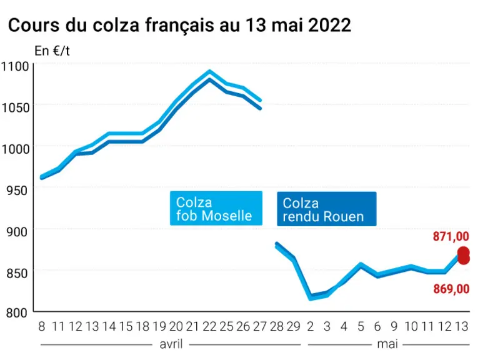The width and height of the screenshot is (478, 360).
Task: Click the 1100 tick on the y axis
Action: pos(15,66)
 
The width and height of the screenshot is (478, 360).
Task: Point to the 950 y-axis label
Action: pos(17,191)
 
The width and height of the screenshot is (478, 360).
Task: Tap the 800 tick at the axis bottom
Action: pos(17,312)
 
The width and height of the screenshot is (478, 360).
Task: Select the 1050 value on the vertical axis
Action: pos(15,107)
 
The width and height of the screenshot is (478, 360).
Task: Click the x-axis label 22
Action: pos(209,326)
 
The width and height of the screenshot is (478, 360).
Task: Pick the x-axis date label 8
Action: pos(42,326)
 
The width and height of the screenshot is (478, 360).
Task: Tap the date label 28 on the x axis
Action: pos(277,326)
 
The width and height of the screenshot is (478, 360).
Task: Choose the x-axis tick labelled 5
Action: pos(361,326)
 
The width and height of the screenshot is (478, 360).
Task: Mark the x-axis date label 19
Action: pos(159,326)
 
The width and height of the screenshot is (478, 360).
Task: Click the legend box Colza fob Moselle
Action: pos(216,209)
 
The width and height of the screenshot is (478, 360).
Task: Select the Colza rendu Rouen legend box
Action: pos(327,209)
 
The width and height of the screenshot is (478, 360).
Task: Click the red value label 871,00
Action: pos(451,236)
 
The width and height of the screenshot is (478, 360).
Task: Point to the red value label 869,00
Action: pos(451,289)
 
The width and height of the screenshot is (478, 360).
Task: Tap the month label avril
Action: pos(171,344)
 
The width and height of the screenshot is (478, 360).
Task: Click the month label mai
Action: pos(387,344)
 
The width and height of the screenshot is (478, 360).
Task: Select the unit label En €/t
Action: pos(52,51)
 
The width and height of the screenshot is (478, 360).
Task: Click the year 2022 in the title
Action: pos(329,25)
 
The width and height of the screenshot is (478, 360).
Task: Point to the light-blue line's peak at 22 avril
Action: pos(209,71)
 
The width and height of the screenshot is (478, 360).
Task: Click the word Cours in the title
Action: pos(34,25)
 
